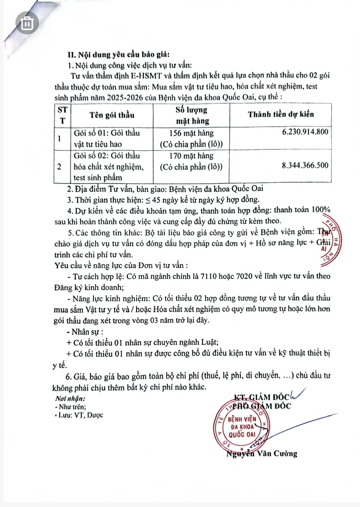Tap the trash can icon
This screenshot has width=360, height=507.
pos(27,23)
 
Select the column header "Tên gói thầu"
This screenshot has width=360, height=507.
pos(112,115)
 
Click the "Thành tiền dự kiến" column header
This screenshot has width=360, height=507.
pos(281,114)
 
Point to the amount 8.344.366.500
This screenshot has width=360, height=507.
pos(304,166)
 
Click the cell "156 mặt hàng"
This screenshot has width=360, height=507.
pos(191,133)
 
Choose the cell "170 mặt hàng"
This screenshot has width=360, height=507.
pos(191,156)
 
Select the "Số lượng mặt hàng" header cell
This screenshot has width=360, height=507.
pos(191,115)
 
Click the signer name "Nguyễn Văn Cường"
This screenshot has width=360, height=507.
pos(261,454)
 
